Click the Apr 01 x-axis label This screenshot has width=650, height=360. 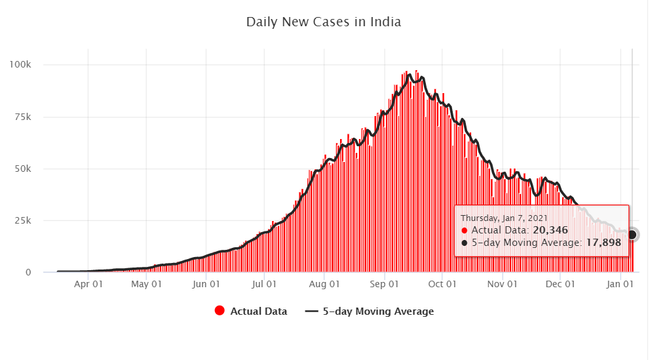coord(88,285)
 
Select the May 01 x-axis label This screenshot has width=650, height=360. coord(146,285)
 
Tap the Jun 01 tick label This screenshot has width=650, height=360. coord(206,285)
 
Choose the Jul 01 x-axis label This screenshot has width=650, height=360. coord(264,285)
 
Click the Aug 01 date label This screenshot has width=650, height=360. coord(324,285)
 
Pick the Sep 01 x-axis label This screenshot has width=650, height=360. coord(384,285)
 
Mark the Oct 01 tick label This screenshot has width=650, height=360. coord(442,285)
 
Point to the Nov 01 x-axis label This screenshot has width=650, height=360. coord(502,285)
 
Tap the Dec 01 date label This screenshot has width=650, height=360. coord(560,285)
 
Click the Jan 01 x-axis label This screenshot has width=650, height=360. coord(620,285)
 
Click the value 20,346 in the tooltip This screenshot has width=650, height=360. coord(550,230)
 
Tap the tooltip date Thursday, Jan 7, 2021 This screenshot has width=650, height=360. coord(503,218)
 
